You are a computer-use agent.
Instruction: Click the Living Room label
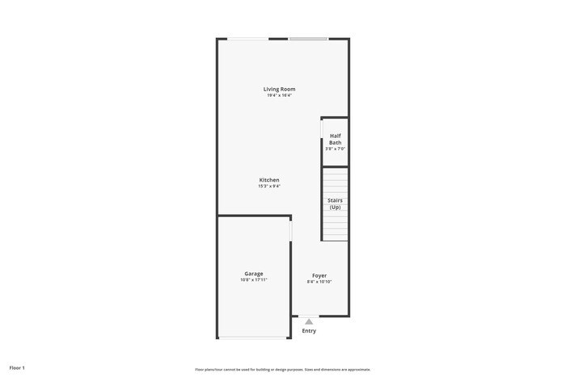pyautogui.click(x=279, y=89)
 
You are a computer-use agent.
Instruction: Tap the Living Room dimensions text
pyautogui.click(x=279, y=95)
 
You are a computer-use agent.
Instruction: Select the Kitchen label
pyautogui.click(x=269, y=180)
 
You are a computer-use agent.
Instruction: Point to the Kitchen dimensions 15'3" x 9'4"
pyautogui.click(x=269, y=186)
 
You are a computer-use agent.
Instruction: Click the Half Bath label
pyautogui.click(x=335, y=139)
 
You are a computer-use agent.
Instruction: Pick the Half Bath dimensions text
pyautogui.click(x=335, y=149)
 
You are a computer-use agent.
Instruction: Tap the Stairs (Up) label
pyautogui.click(x=335, y=203)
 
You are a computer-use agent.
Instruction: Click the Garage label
pyautogui.click(x=254, y=274)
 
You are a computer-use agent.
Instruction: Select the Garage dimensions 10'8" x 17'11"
pyautogui.click(x=254, y=280)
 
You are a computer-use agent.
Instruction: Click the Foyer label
pyautogui.click(x=319, y=275)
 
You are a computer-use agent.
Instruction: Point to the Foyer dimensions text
pyautogui.click(x=319, y=282)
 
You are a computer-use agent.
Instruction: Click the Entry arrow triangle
pyautogui.click(x=309, y=321)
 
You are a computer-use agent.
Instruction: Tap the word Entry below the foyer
pyautogui.click(x=309, y=331)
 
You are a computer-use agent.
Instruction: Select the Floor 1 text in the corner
pyautogui.click(x=17, y=367)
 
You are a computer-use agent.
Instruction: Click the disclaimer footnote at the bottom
pyautogui.click(x=282, y=370)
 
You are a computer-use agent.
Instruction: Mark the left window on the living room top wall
pyautogui.click(x=247, y=39)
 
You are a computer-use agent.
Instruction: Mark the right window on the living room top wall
pyautogui.click(x=309, y=39)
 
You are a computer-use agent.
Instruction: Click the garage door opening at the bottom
pyautogui.click(x=253, y=337)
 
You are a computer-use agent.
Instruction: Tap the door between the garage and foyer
pyautogui.click(x=291, y=230)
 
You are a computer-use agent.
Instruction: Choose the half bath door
pyautogui.click(x=322, y=129)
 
